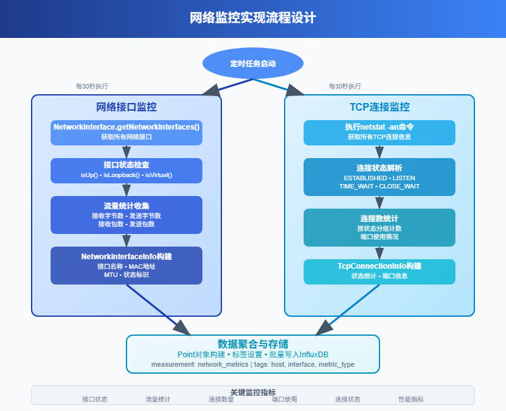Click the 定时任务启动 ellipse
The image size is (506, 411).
click(x=253, y=63)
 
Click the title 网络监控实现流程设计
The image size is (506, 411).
click(x=253, y=18)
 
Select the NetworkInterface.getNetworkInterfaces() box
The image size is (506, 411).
click(x=126, y=132)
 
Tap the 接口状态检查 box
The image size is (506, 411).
click(x=126, y=170)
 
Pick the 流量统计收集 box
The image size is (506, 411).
click(x=126, y=215)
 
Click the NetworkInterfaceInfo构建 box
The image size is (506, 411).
click(x=126, y=265)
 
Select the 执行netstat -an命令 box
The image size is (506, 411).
click(x=379, y=132)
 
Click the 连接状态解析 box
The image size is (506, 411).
click(x=379, y=176)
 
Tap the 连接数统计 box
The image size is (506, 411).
click(x=379, y=227)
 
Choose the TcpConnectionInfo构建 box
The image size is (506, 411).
click(x=379, y=271)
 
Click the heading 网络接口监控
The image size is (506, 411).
click(x=126, y=107)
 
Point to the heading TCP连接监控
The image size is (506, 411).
click(x=379, y=107)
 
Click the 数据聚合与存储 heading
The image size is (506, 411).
click(x=253, y=344)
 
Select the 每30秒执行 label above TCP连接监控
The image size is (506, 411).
click(x=345, y=86)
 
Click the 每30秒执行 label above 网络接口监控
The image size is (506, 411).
click(x=92, y=86)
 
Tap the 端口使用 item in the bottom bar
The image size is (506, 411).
click(x=285, y=400)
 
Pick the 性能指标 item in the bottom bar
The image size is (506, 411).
click(x=411, y=400)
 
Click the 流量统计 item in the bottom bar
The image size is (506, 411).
click(x=158, y=400)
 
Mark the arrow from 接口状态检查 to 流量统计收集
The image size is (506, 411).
click(x=126, y=189)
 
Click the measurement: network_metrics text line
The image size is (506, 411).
click(x=253, y=365)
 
